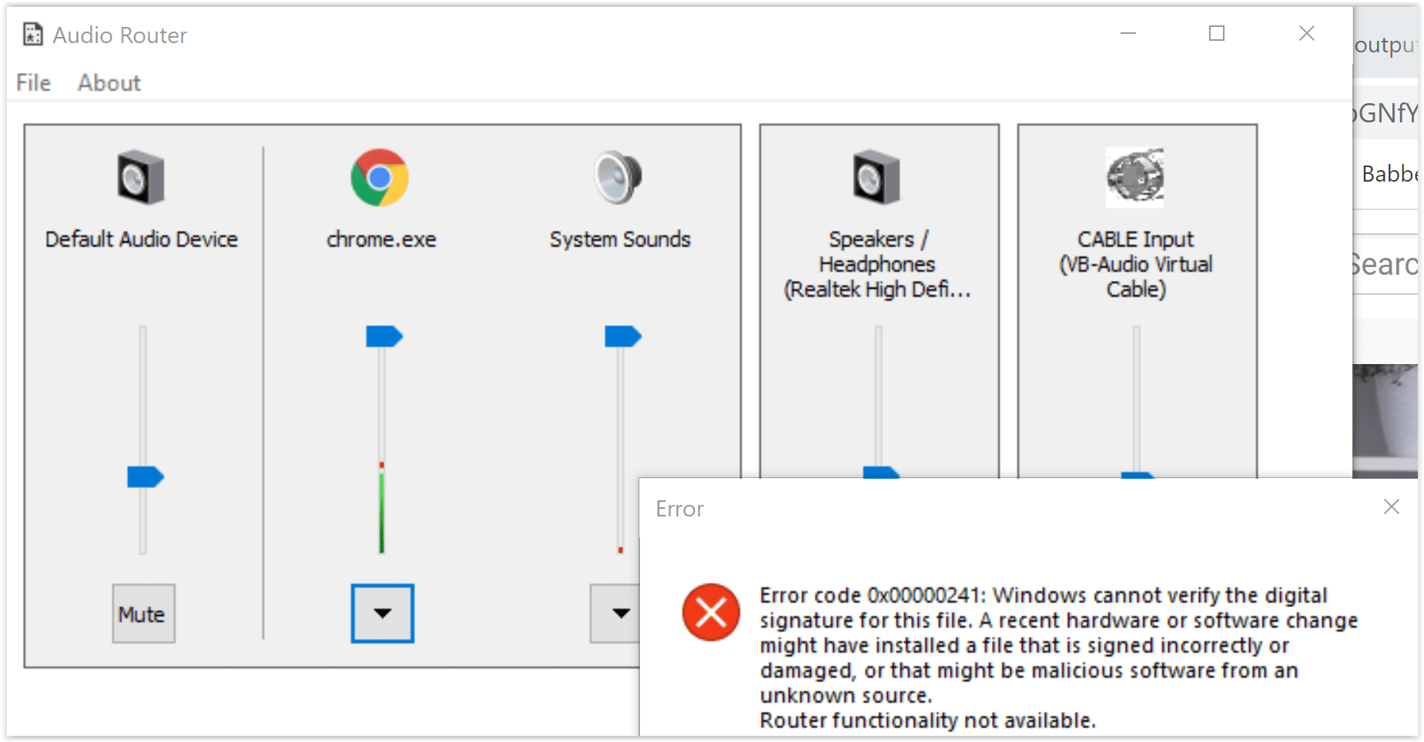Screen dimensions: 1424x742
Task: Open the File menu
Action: [33, 83]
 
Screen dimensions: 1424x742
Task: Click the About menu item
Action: [109, 83]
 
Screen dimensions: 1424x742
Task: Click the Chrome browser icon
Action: [380, 178]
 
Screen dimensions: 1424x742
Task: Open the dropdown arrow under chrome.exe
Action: [383, 613]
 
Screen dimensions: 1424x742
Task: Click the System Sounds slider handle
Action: [622, 336]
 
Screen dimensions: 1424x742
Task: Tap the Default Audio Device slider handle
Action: [145, 477]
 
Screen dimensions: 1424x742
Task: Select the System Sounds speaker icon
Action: [618, 178]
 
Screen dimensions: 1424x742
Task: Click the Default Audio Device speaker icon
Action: [141, 178]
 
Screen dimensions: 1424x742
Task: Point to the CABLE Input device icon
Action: [1135, 178]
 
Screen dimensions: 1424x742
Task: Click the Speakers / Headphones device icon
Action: [876, 178]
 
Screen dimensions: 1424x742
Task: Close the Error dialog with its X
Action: [1391, 506]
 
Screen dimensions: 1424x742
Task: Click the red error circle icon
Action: [711, 613]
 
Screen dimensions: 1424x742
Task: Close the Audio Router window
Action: [1306, 33]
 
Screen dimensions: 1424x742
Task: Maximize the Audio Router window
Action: [1217, 33]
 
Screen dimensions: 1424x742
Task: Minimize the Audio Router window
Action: [1128, 33]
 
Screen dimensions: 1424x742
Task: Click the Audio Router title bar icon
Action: [32, 35]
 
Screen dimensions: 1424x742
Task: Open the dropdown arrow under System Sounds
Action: [619, 613]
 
